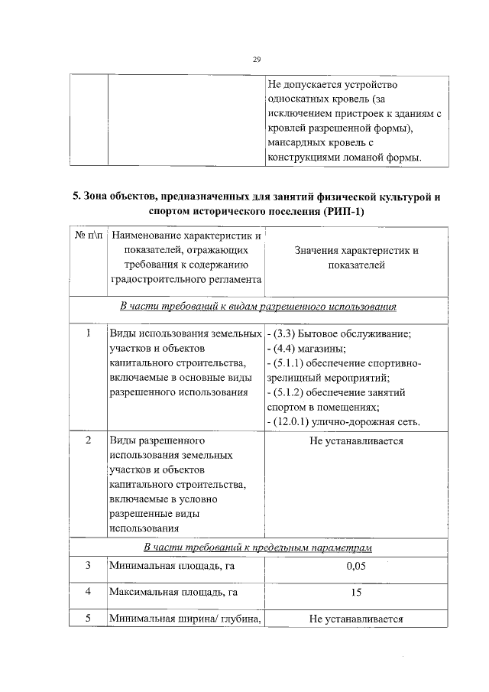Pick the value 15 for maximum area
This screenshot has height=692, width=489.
(356, 592)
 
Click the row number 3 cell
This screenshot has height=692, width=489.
(89, 565)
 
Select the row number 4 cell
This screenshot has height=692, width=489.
(89, 592)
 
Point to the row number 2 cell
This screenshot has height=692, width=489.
(89, 441)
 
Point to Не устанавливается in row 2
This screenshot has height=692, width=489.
(356, 441)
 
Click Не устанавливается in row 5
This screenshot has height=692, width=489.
(356, 619)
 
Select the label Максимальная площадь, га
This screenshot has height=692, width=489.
(173, 592)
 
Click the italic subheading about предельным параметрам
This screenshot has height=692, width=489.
(258, 547)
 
